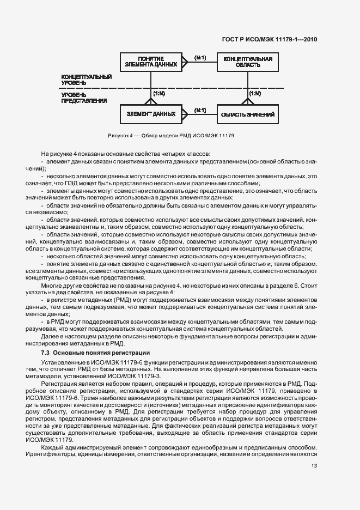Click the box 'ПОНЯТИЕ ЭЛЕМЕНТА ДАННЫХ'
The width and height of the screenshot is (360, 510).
coord(151,61)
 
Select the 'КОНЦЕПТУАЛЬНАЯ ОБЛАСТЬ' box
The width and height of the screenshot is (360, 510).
coord(244,61)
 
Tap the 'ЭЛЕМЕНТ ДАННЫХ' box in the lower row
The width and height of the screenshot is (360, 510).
coord(151,114)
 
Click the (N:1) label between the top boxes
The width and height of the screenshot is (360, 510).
coord(200,57)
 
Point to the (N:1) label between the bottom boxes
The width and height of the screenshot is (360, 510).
coord(200,111)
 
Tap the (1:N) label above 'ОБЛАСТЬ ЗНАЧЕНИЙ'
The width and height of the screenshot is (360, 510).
coord(254,94)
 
